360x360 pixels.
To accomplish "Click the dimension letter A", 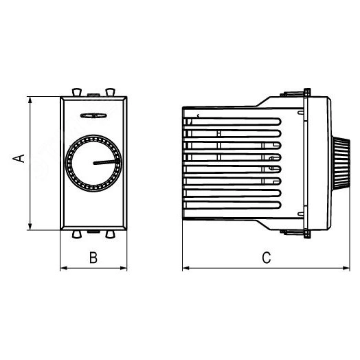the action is pyautogui.click(x=19, y=159).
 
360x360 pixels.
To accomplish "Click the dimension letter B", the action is pyautogui.click(x=93, y=258).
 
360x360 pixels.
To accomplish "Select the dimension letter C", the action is pyautogui.click(x=267, y=258).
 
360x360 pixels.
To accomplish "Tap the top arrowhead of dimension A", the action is pyautogui.click(x=30, y=100).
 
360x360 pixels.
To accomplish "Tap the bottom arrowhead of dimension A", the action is pyautogui.click(x=30, y=226).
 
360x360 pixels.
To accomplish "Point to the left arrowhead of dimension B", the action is pyautogui.click(x=64, y=268).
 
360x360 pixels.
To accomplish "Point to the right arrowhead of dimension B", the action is pyautogui.click(x=123, y=268).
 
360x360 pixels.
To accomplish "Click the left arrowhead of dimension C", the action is pyautogui.click(x=186, y=268).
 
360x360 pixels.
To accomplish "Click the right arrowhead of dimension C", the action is pyautogui.click(x=346, y=268).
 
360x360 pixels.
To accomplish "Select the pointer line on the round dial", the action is pyautogui.click(x=106, y=162).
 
